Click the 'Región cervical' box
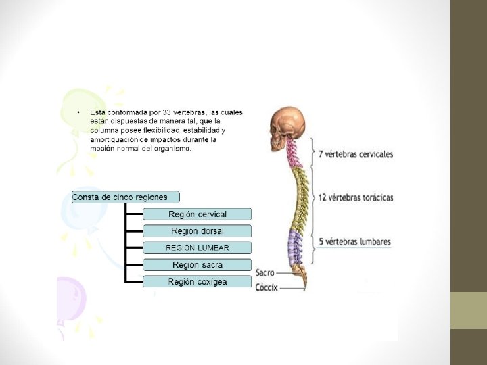(197, 214)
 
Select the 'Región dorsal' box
(197, 231)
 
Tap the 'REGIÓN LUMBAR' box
(197, 248)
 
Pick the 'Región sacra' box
(197, 265)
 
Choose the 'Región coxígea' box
(197, 281)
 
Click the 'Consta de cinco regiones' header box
(126, 197)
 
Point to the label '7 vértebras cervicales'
(355, 154)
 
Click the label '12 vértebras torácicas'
(355, 198)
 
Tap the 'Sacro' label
(264, 273)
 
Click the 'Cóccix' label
(266, 287)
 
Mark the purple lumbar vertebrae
(296, 247)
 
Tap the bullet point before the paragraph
(78, 112)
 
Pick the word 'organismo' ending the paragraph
(173, 149)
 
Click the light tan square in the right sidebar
(469, 310)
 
